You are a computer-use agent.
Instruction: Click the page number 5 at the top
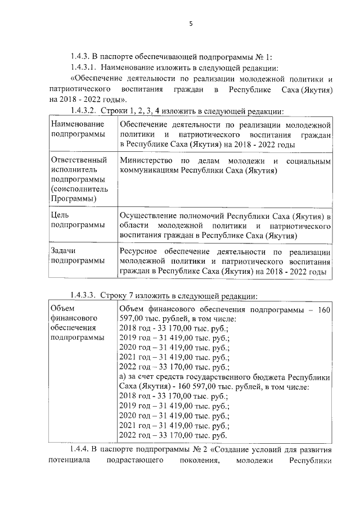(x=191, y=24)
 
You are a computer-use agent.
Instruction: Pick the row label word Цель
(x=60, y=215)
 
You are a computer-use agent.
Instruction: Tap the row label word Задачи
(x=63, y=251)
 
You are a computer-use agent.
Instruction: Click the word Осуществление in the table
(x=148, y=216)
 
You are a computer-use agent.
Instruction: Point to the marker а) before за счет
(x=124, y=376)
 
